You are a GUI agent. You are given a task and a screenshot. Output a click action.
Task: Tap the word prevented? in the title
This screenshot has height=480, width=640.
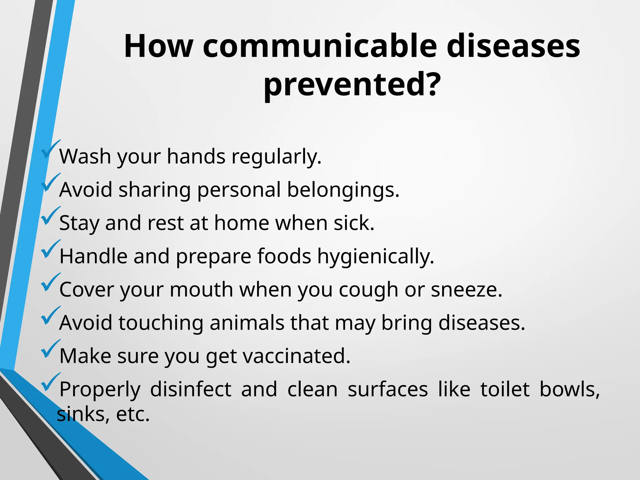352,84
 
